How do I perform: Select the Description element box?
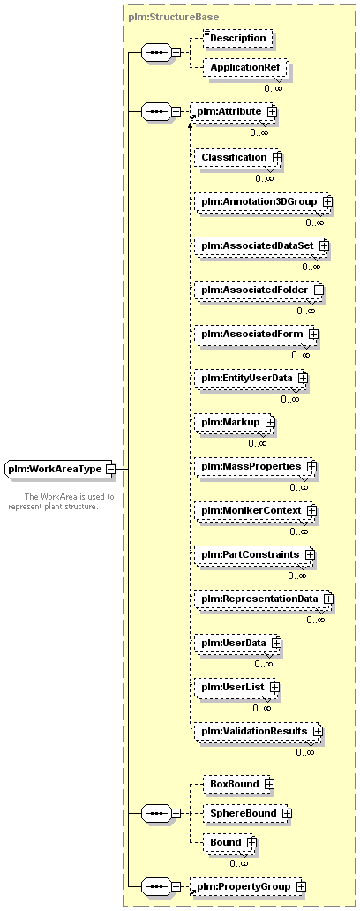click(x=238, y=38)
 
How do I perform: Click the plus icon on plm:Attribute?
click(x=271, y=111)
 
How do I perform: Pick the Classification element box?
click(x=238, y=157)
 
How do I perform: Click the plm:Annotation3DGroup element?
click(x=264, y=201)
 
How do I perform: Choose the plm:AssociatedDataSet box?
click(x=262, y=245)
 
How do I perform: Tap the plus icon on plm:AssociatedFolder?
click(x=319, y=290)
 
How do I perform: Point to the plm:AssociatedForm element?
click(x=257, y=334)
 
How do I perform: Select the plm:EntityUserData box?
click(x=251, y=378)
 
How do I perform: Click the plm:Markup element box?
click(x=235, y=422)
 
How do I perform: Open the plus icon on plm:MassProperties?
click(x=311, y=467)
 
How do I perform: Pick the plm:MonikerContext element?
click(x=256, y=510)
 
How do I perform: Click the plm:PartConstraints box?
click(x=255, y=555)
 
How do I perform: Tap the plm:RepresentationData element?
click(x=264, y=599)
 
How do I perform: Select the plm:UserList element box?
click(x=236, y=688)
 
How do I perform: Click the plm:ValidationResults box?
click(x=259, y=732)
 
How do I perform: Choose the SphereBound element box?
click(x=246, y=813)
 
